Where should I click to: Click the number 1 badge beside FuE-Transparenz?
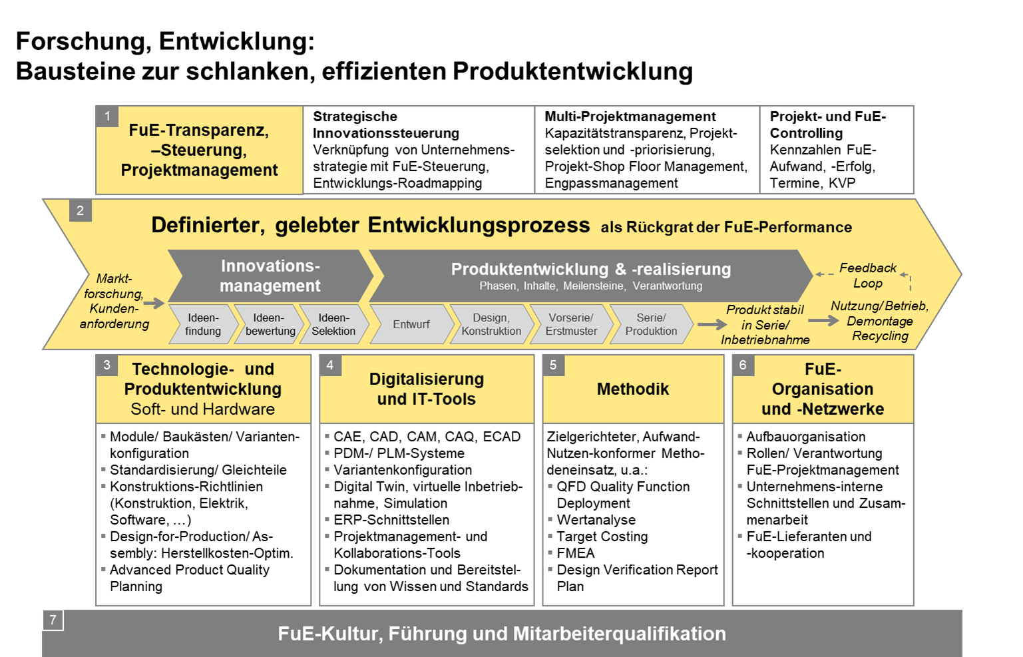[x=107, y=116]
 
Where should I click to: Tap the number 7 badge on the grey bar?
[x=53, y=620]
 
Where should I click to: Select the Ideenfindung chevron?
[x=202, y=324]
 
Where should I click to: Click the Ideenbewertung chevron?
[x=269, y=324]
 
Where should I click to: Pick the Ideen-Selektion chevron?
[x=333, y=324]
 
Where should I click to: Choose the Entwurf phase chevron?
[x=411, y=324]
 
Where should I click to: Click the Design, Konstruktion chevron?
[x=491, y=324]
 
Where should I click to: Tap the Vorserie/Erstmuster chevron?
[x=571, y=324]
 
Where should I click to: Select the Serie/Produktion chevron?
[x=650, y=324]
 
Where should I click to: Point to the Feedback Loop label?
[x=868, y=275]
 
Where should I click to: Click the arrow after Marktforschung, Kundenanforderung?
[x=154, y=303]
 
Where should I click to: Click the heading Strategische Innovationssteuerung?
[x=386, y=124]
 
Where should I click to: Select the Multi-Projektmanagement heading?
[x=630, y=116]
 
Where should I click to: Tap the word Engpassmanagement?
[x=611, y=183]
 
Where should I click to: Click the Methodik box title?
[x=632, y=389]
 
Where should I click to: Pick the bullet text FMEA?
[x=576, y=553]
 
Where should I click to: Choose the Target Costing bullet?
[x=602, y=537]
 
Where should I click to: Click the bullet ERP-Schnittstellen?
[x=391, y=520]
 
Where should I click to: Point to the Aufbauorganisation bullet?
[x=805, y=437]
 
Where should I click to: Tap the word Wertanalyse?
[x=596, y=520]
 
